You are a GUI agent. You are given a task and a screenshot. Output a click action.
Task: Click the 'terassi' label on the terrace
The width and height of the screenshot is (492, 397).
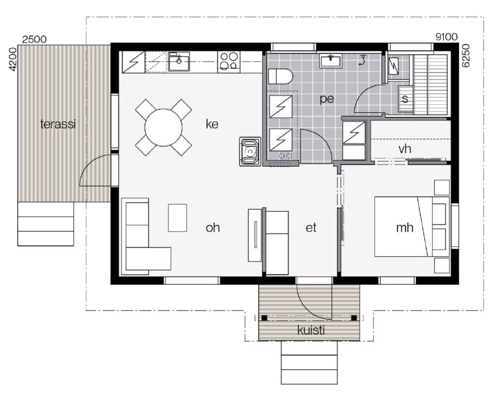[58, 124]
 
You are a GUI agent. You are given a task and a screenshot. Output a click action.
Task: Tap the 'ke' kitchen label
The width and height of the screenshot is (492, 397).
[212, 124]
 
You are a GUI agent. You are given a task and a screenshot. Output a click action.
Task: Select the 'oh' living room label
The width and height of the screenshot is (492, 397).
[212, 227]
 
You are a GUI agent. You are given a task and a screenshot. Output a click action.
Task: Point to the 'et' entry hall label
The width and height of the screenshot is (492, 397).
[311, 227]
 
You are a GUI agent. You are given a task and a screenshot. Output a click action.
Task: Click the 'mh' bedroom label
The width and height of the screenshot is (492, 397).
[404, 227]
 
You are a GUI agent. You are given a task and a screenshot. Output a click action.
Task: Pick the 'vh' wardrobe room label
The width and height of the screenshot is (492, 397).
[405, 149]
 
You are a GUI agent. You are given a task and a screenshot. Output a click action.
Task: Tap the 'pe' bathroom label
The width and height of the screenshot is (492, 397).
[327, 99]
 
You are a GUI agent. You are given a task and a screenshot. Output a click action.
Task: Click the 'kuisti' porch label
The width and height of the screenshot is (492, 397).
[310, 330]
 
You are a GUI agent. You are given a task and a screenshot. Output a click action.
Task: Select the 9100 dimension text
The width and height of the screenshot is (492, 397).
[446, 37]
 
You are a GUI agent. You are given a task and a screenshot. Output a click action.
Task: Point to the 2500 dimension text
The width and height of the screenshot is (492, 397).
[35, 39]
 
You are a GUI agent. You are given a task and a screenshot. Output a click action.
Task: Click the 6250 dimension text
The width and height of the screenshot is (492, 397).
[466, 56]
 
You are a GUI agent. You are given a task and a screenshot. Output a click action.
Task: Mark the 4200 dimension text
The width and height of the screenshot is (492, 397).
[12, 60]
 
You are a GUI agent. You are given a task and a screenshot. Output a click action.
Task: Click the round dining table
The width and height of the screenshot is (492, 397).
[164, 128]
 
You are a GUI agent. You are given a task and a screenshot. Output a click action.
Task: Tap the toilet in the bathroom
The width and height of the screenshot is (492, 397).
[281, 76]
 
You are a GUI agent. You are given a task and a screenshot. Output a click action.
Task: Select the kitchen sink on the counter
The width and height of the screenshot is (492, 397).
[179, 62]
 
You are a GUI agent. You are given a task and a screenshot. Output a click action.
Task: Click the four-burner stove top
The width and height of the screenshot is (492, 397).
[229, 61]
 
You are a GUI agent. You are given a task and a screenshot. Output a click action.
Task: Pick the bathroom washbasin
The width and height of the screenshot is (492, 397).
[330, 61]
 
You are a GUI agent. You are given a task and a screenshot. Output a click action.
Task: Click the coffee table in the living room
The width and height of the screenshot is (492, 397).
[178, 218]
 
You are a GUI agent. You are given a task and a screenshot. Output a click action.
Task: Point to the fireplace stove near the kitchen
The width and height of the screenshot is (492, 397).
[250, 151]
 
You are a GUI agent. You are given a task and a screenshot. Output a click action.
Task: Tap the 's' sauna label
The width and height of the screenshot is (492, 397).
[405, 99]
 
